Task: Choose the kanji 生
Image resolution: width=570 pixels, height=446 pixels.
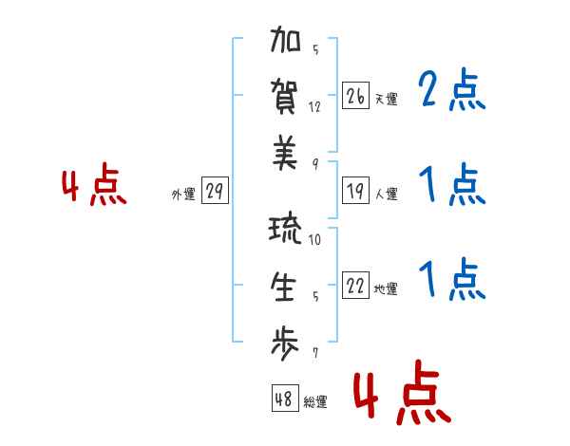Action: (x=285, y=287)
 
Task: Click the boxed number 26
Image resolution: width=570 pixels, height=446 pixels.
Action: (x=355, y=96)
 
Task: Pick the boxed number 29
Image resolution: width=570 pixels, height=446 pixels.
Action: (x=214, y=192)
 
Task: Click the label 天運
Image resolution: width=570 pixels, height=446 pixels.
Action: (x=387, y=99)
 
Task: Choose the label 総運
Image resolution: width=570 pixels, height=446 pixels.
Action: (x=315, y=401)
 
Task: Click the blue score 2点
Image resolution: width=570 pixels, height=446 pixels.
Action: (x=451, y=91)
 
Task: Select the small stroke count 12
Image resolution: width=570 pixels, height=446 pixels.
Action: (x=314, y=106)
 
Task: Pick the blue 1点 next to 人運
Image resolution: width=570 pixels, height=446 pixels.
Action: (x=451, y=185)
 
